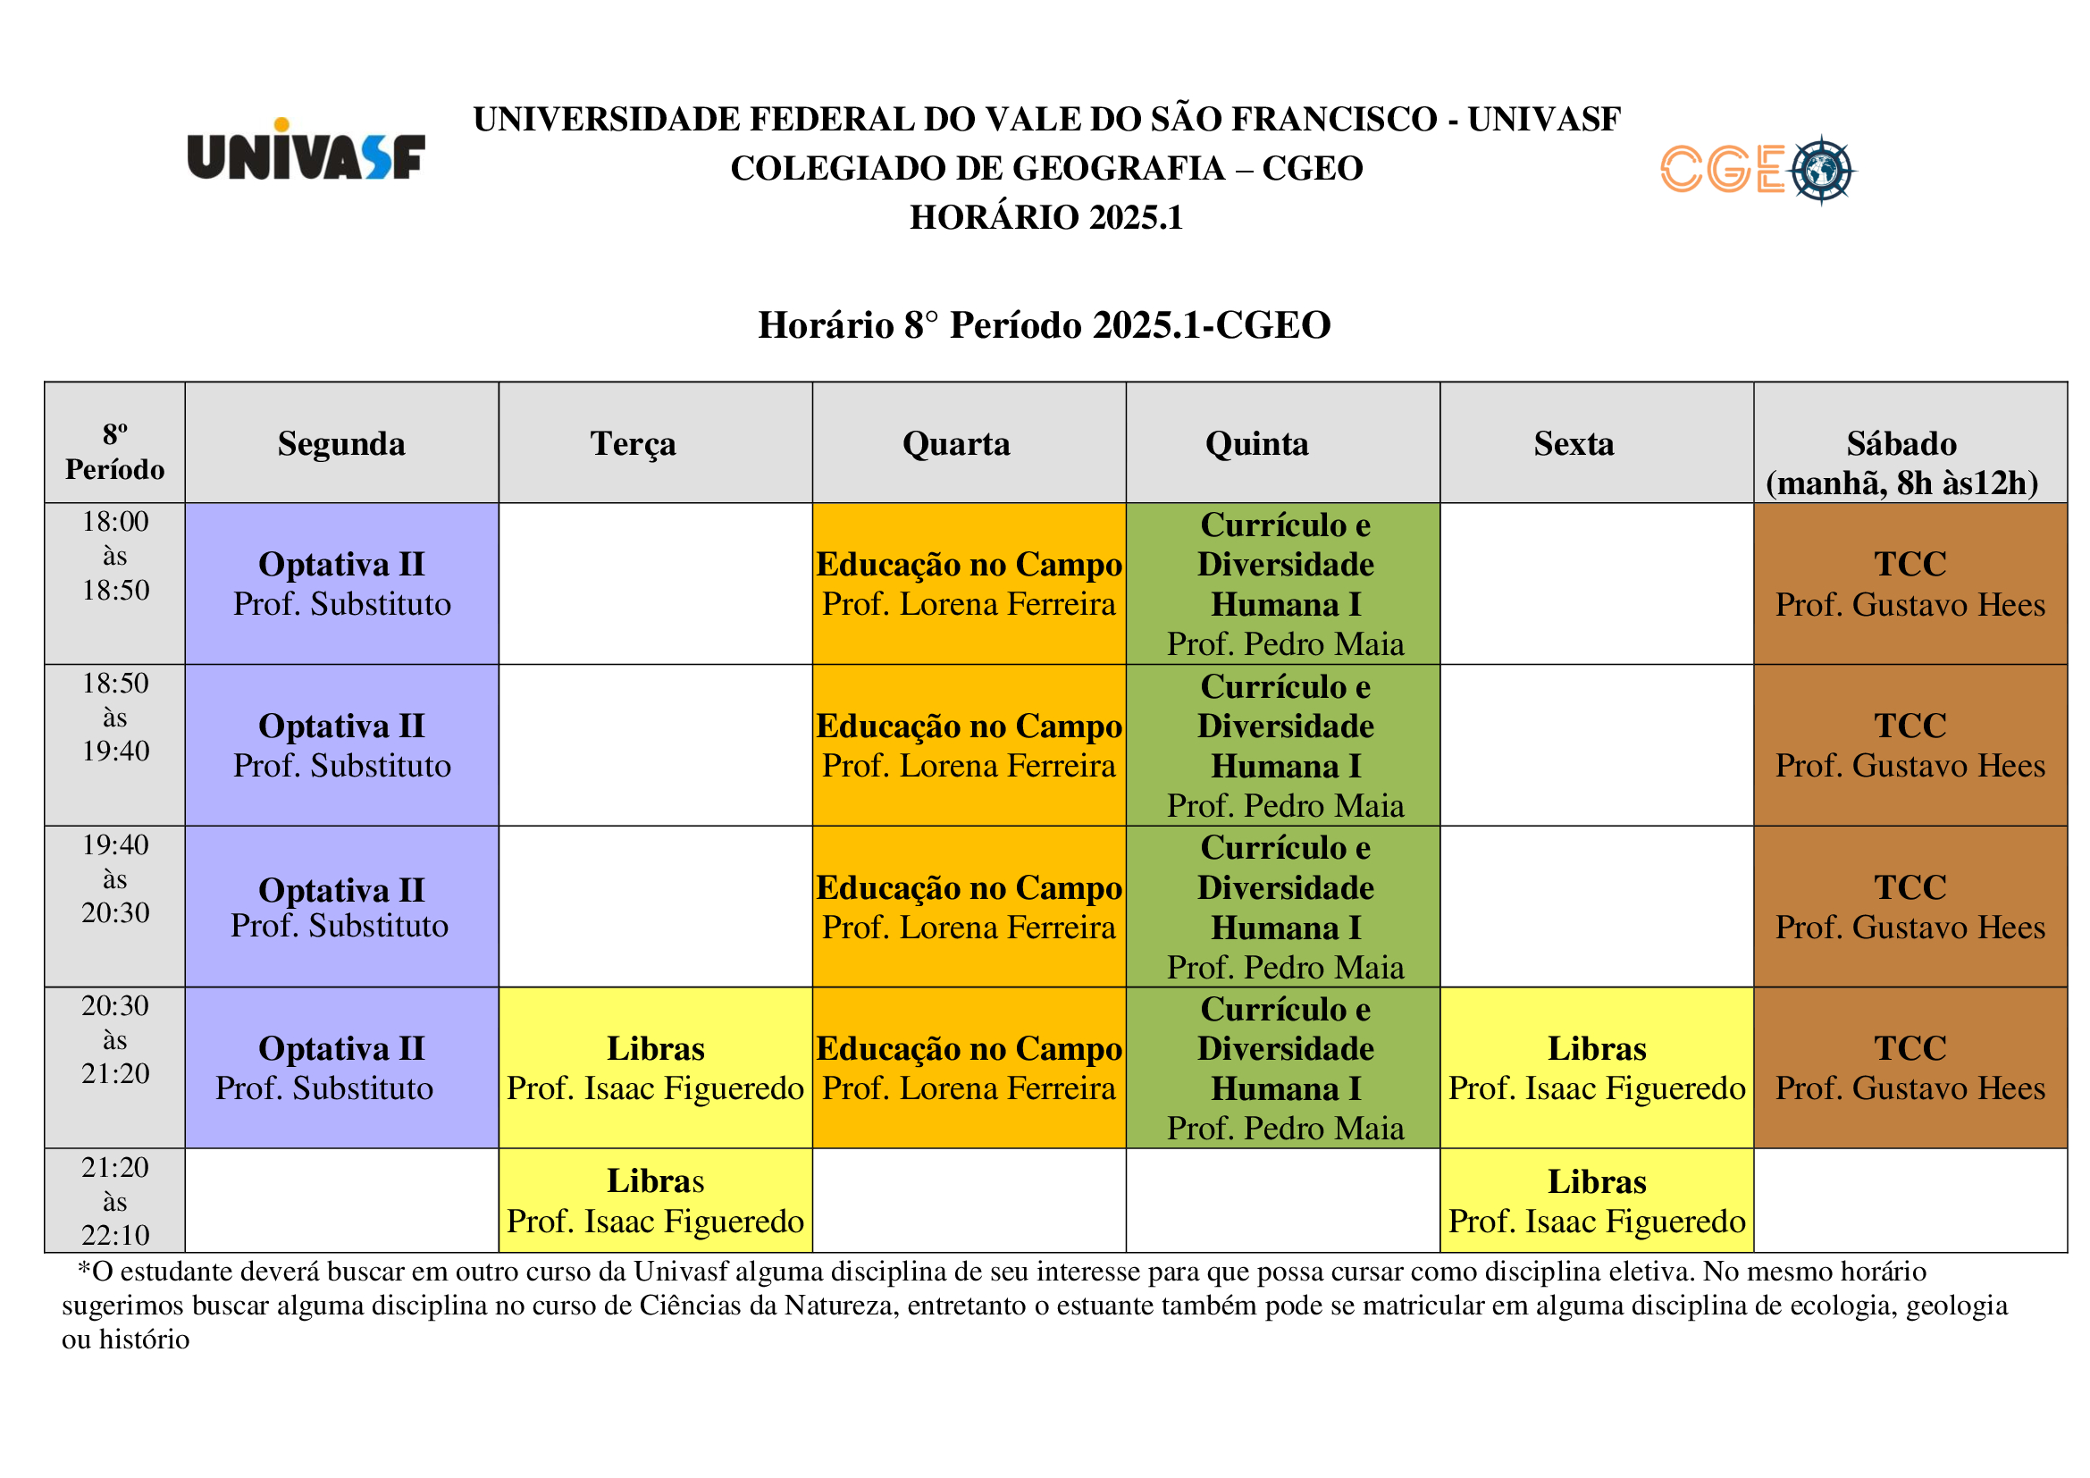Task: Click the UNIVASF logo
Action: (306, 150)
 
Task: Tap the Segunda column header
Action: (341, 443)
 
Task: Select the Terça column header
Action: (634, 443)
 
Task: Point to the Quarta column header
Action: (956, 443)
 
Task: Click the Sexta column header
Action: (1574, 443)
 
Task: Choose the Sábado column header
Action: (1901, 462)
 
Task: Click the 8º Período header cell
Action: (114, 451)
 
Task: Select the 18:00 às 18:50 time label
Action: (114, 555)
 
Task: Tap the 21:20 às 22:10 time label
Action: (114, 1200)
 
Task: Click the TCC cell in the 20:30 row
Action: (1910, 1068)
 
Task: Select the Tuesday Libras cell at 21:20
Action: (655, 1200)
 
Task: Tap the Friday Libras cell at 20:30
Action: (1597, 1068)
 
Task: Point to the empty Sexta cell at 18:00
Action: (1597, 584)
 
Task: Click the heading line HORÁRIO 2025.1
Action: (1046, 217)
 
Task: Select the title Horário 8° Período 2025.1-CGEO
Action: (1044, 325)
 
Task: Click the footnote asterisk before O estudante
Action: (84, 1269)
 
